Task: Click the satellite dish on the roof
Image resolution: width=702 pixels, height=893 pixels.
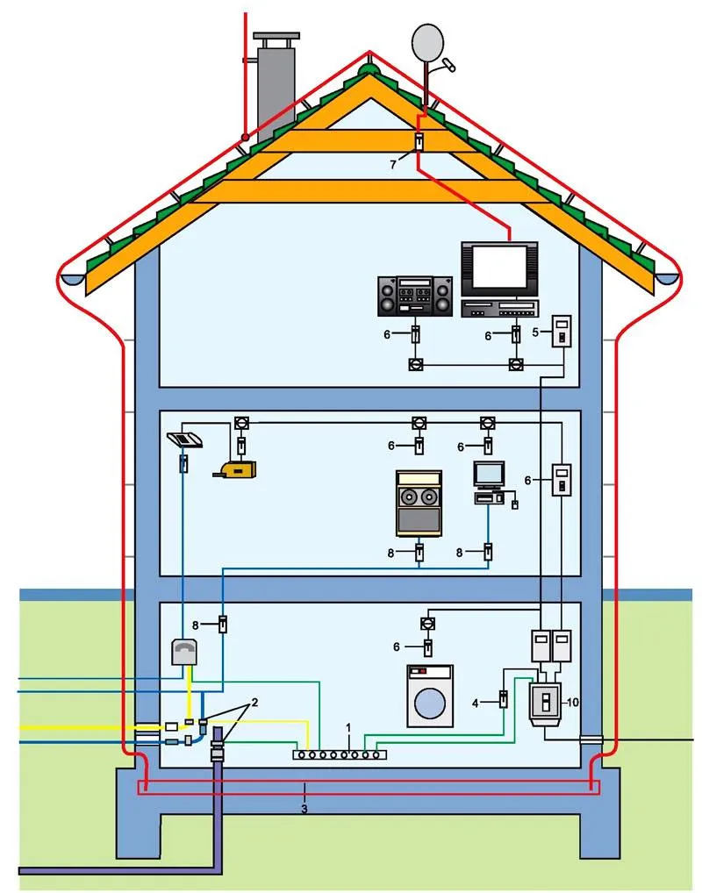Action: click(427, 40)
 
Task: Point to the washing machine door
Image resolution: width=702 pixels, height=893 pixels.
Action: click(430, 703)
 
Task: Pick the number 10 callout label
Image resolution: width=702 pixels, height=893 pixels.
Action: click(573, 701)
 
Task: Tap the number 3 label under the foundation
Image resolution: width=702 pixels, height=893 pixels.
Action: click(304, 808)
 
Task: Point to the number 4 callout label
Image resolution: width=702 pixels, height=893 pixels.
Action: click(476, 702)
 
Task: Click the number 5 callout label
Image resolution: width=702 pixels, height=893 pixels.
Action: click(536, 332)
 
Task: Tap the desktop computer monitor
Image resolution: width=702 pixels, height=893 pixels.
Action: click(489, 475)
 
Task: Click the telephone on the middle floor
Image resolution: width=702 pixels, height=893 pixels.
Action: click(186, 439)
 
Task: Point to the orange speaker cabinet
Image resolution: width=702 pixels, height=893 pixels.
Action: click(418, 503)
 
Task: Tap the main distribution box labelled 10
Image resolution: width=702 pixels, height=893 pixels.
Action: click(545, 704)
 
